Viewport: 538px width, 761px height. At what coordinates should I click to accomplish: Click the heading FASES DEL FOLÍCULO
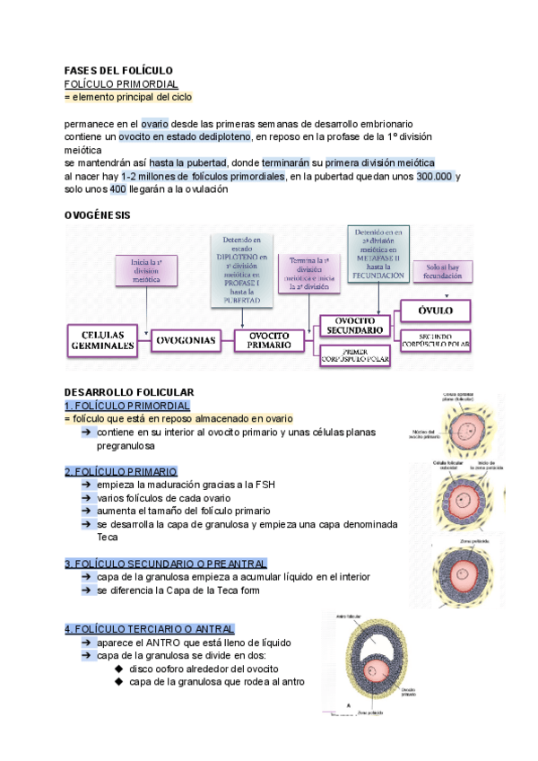click(118, 70)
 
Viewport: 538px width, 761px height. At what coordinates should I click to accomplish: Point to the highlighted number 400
click(117, 189)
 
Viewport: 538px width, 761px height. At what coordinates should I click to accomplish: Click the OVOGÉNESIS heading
click(97, 215)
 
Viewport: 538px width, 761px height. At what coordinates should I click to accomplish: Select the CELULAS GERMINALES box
click(103, 339)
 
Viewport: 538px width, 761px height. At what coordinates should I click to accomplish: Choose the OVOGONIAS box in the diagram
click(186, 340)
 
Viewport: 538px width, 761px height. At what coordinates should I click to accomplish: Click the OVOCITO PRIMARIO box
click(270, 339)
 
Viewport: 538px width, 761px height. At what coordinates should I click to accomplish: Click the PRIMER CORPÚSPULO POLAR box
click(356, 356)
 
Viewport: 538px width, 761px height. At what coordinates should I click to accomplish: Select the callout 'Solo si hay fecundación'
click(444, 271)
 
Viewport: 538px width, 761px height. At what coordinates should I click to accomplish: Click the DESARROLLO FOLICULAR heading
click(129, 393)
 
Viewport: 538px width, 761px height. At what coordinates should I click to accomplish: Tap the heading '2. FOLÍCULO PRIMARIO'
click(121, 471)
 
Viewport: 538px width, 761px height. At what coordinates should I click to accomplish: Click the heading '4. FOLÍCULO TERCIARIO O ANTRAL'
click(150, 629)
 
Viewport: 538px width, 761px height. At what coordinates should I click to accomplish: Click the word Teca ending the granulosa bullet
click(107, 537)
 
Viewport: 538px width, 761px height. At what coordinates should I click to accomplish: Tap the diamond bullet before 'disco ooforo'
click(120, 669)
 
